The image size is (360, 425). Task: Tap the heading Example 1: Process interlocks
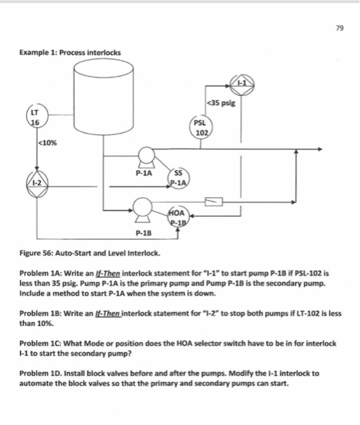click(x=69, y=52)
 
